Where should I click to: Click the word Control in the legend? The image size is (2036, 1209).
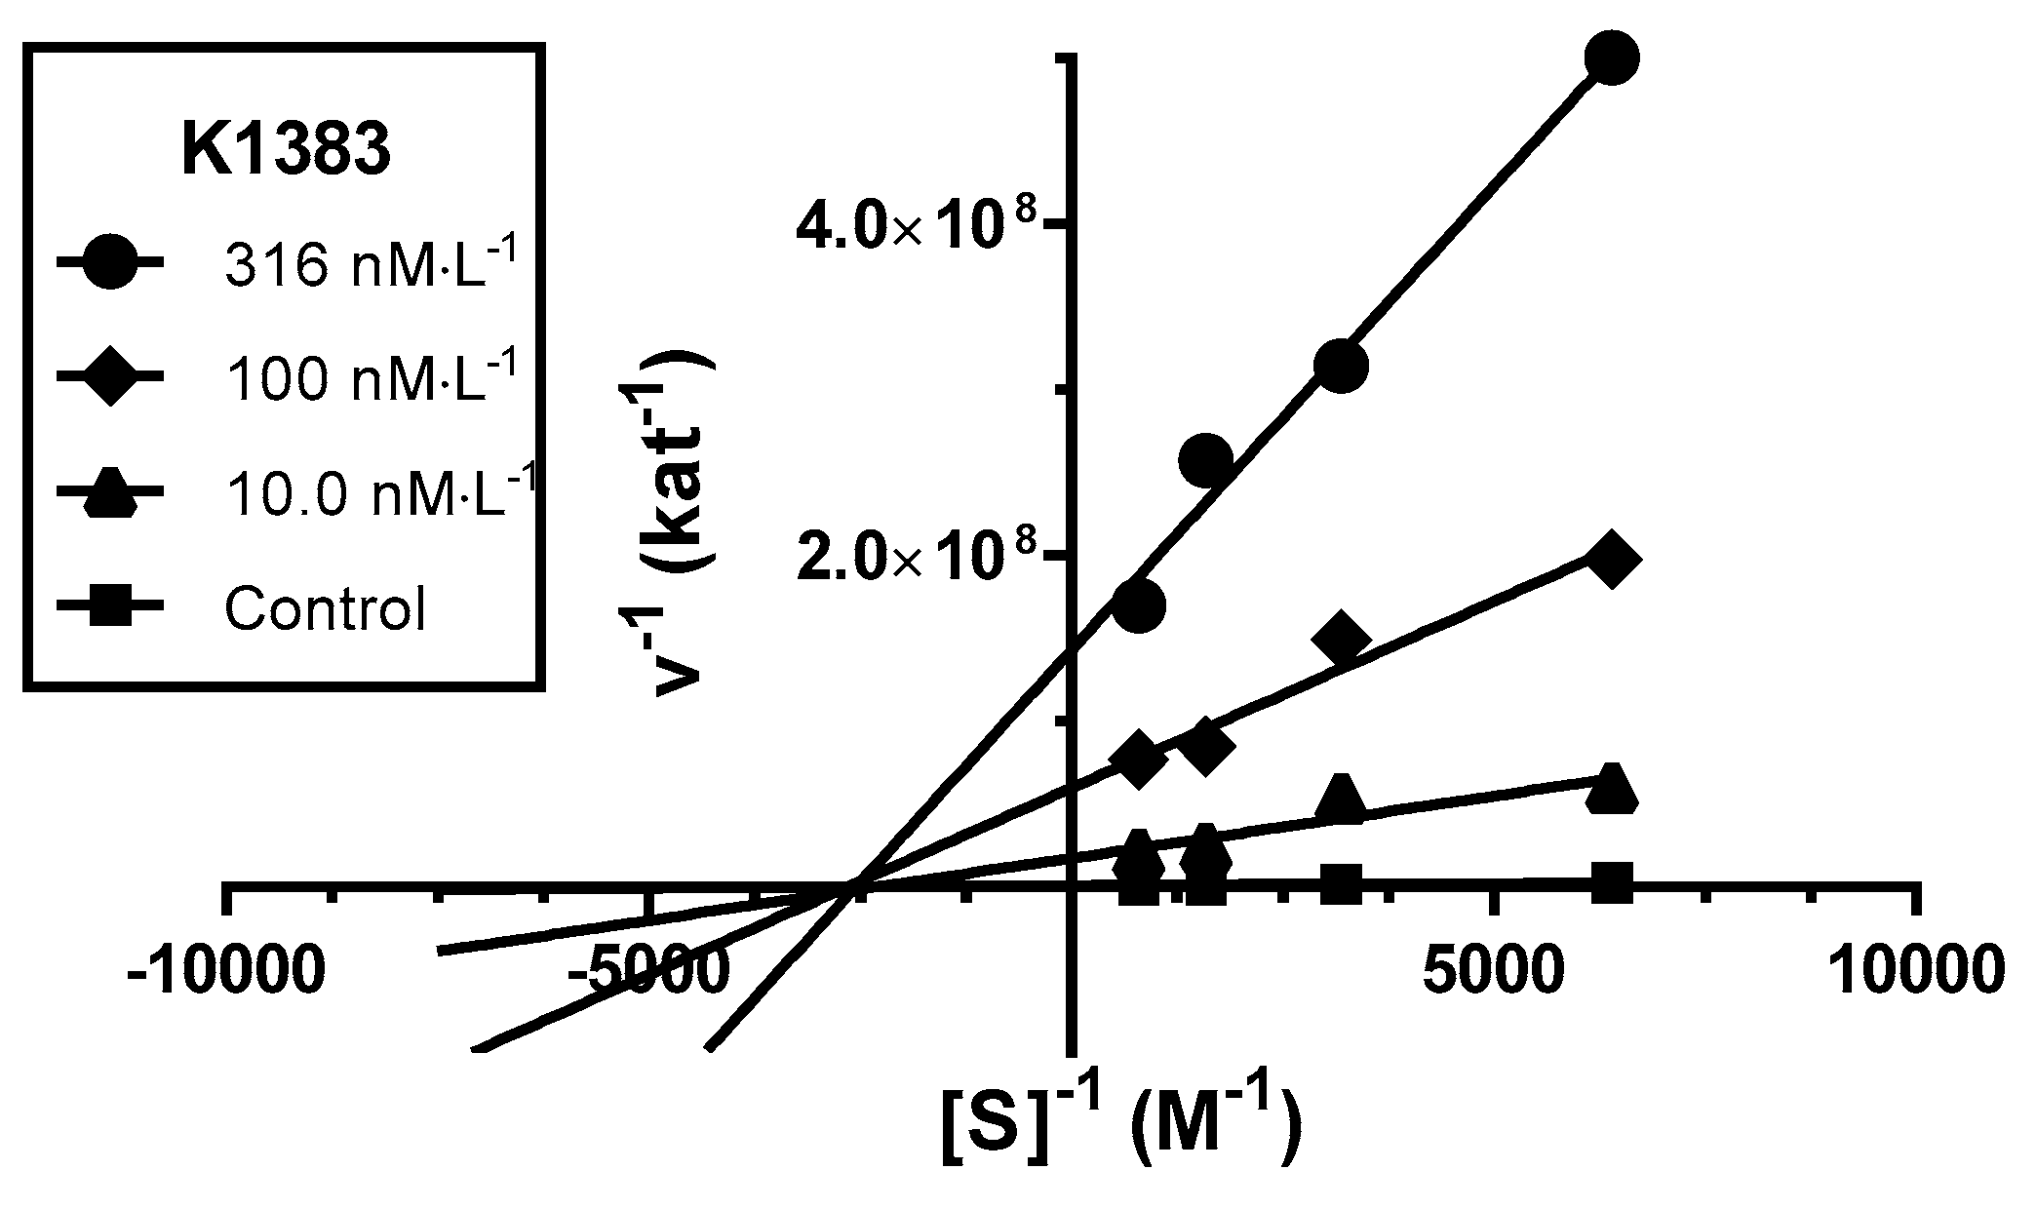[x=326, y=609]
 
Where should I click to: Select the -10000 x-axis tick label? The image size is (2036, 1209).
[x=226, y=972]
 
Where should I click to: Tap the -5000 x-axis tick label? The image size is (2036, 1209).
[x=647, y=972]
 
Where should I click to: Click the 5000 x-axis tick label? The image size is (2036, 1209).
[x=1493, y=972]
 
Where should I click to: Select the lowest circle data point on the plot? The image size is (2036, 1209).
[x=1138, y=605]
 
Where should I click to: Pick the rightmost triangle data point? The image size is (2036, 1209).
[x=1611, y=789]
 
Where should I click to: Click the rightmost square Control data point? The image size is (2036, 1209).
[x=1611, y=879]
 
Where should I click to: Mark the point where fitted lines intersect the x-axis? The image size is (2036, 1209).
[x=851, y=885]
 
